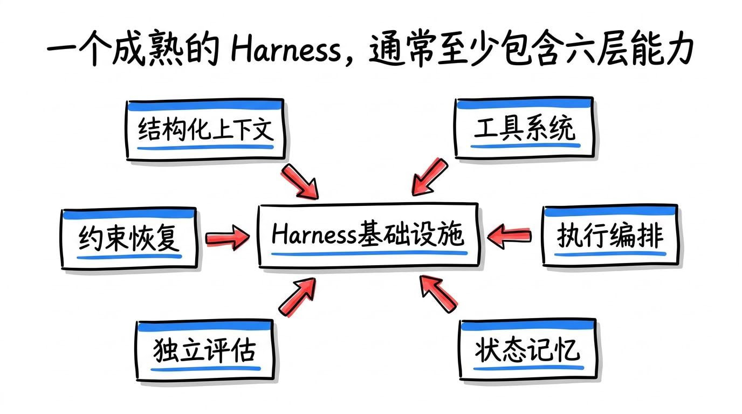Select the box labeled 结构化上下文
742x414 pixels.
pos(205,129)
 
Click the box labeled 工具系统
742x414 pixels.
pos(524,128)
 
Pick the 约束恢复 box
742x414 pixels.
pos(129,238)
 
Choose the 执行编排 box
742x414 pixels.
pos(610,235)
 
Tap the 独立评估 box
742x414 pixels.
pos(205,350)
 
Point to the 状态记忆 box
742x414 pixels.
pos(528,349)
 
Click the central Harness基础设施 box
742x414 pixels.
pos(368,235)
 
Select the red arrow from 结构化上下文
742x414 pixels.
pos(300,181)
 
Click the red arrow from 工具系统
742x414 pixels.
pos(430,177)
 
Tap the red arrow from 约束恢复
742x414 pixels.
pos(228,238)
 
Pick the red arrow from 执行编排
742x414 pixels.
pos(509,236)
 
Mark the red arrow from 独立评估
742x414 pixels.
pos(297,297)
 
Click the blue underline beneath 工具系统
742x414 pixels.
pos(525,146)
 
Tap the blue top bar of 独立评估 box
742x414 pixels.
pos(205,327)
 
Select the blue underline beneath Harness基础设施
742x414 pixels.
pos(369,254)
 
